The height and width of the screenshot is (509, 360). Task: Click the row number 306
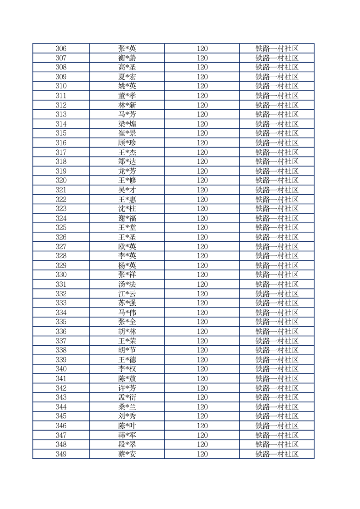click(x=61, y=49)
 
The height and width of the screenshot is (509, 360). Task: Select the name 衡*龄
click(x=127, y=58)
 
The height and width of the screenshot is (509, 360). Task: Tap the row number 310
click(x=61, y=86)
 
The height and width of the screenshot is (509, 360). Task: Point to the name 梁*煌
click(x=127, y=124)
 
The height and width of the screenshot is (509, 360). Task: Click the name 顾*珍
click(x=127, y=143)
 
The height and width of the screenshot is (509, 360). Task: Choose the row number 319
click(x=61, y=171)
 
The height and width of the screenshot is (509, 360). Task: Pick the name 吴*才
click(x=127, y=190)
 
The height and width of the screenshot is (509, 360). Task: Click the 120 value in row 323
click(x=202, y=209)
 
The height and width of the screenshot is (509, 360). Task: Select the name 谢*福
click(x=127, y=218)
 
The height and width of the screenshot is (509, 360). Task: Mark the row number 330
click(x=61, y=275)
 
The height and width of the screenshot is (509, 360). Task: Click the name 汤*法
click(x=127, y=284)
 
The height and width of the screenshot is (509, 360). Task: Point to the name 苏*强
click(x=127, y=303)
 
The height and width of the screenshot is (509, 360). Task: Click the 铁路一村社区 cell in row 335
click(x=276, y=322)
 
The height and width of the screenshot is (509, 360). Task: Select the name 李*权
click(x=127, y=369)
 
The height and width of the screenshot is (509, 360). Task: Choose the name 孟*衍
click(x=127, y=397)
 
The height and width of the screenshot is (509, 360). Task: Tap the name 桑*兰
click(x=127, y=407)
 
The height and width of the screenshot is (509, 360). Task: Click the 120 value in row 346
click(x=202, y=426)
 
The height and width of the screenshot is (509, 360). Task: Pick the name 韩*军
click(x=127, y=435)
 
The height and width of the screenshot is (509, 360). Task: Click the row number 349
click(x=61, y=454)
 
